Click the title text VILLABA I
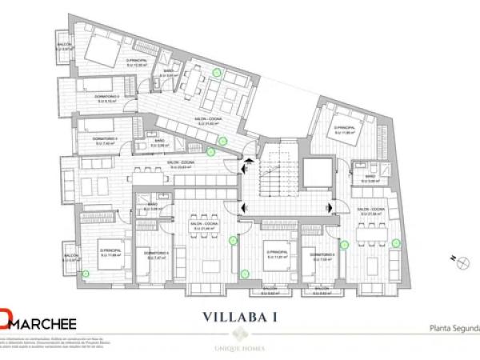[x=239, y=316]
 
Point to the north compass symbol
[x=460, y=258]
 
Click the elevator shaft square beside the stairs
[x=317, y=173]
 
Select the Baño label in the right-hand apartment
[x=372, y=179]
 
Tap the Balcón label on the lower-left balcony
[x=70, y=258]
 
